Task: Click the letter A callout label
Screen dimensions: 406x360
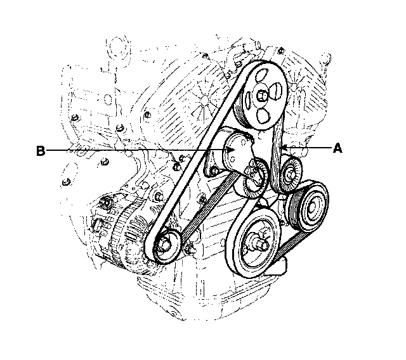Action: tap(337, 149)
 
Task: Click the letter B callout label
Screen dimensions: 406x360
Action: tap(41, 151)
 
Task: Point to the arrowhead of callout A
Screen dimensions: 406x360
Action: tap(284, 148)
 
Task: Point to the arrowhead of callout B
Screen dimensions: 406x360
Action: tap(231, 150)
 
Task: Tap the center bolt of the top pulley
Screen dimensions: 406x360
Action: tap(261, 96)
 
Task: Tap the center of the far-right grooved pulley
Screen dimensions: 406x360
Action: tap(311, 207)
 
